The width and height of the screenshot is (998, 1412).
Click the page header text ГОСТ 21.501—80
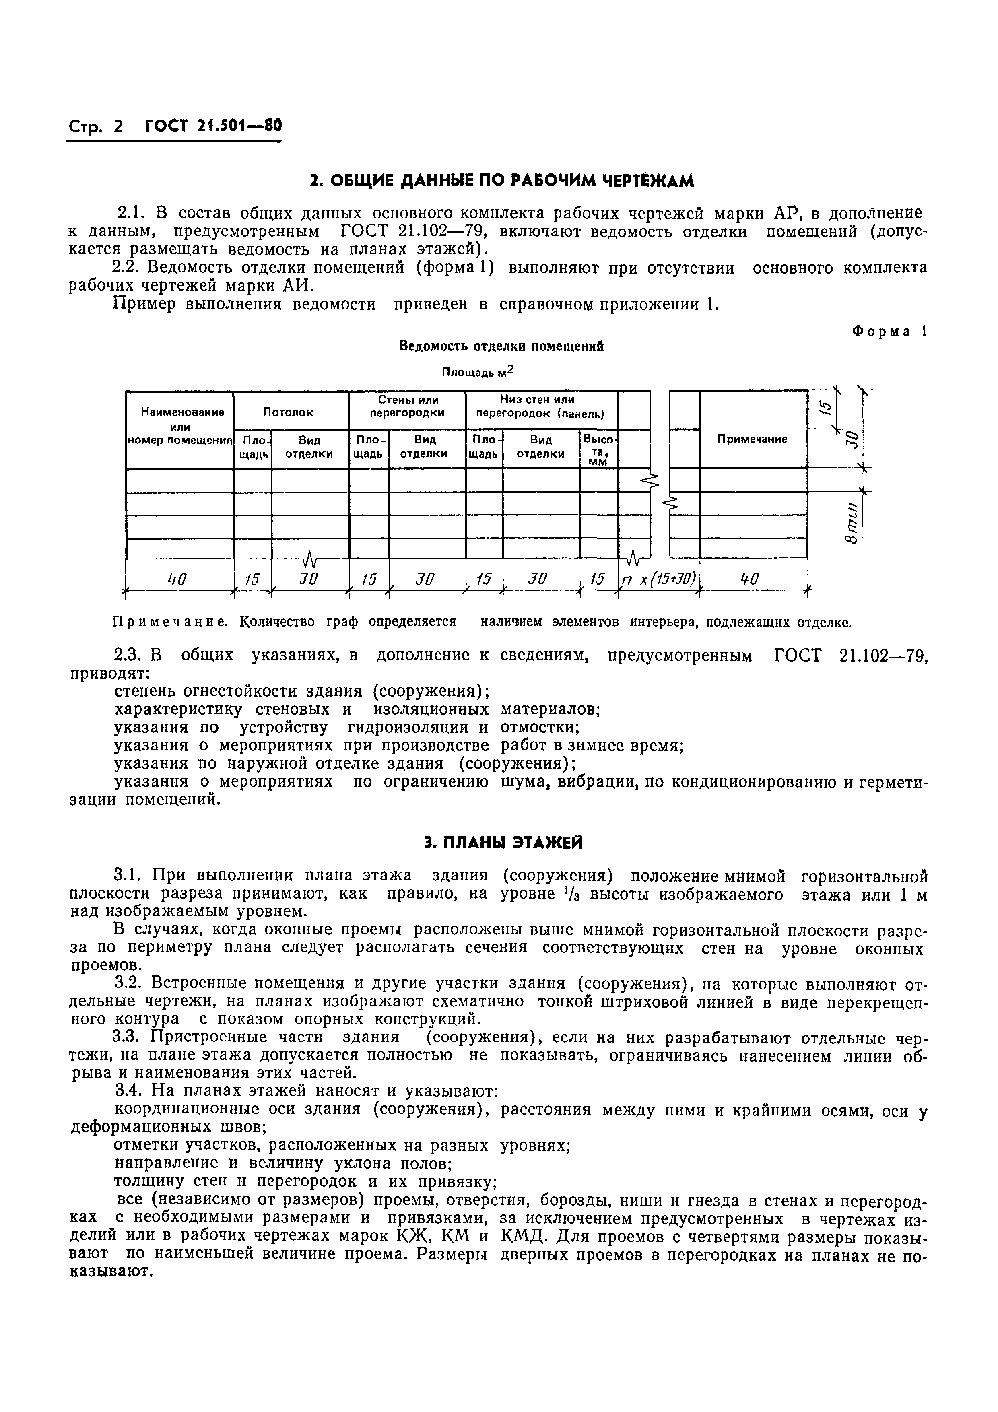213,126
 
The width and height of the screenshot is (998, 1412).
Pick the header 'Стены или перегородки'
407,406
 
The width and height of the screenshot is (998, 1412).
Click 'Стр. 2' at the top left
95,127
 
